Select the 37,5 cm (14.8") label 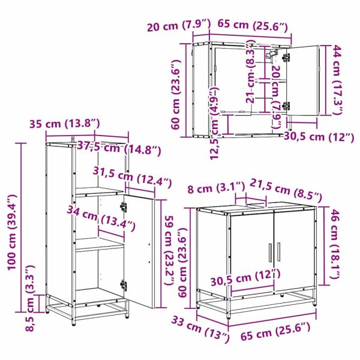tap(119, 148)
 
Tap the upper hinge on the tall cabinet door tap(124, 206)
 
